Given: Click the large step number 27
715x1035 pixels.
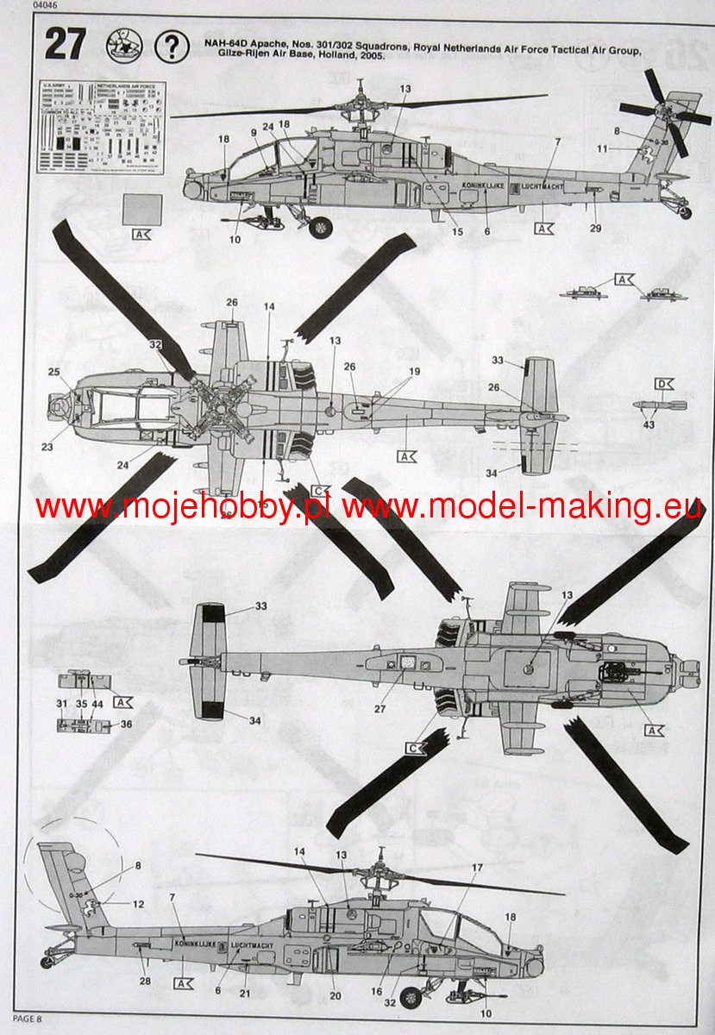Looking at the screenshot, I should pyautogui.click(x=66, y=45).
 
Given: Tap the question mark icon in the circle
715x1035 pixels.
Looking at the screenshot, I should pyautogui.click(x=172, y=45).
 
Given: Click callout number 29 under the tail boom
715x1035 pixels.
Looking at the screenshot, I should pyautogui.click(x=595, y=228).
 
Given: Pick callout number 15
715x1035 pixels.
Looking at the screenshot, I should pyautogui.click(x=457, y=231).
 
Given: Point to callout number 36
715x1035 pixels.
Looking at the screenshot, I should pyautogui.click(x=126, y=724).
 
